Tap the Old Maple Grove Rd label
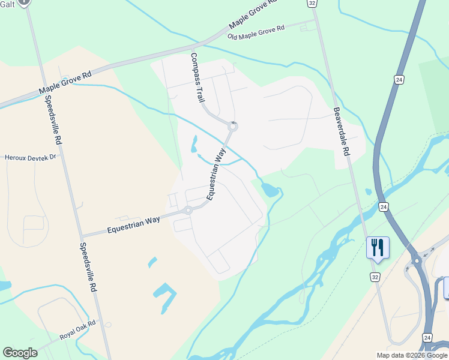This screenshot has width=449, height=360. [x=256, y=33]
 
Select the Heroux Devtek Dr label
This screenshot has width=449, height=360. [x=30, y=157]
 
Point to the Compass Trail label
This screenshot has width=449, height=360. [x=197, y=77]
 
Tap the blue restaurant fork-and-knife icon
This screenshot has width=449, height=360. [x=378, y=247]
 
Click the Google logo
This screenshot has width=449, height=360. [x=20, y=353]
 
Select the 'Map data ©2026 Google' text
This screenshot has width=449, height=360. [x=411, y=355]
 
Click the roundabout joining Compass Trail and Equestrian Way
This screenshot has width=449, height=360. [x=233, y=127]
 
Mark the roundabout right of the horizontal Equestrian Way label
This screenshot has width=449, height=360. [x=188, y=210]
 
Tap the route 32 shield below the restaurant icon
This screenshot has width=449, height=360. [x=375, y=277]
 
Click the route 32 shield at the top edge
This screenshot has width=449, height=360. [x=312, y=3]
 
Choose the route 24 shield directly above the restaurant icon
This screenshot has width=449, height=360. [x=384, y=206]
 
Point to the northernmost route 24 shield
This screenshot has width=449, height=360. [x=399, y=79]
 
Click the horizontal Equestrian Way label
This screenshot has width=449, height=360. [x=133, y=224]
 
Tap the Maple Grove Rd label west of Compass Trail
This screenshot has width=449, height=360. [x=65, y=83]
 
